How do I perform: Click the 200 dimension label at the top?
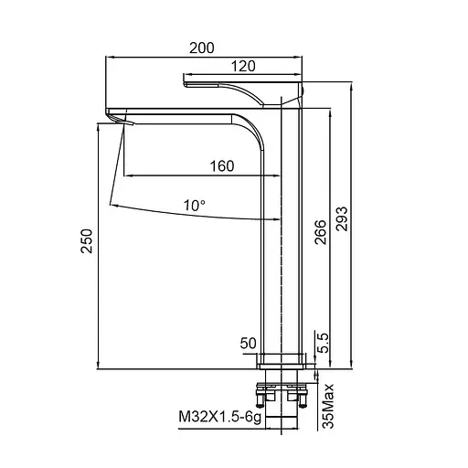coord(202,48)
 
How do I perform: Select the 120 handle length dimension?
coord(243,66)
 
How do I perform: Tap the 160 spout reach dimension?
coord(222,166)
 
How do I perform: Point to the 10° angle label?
coord(194,206)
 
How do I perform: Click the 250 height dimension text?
coord(86,240)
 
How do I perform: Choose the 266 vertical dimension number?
coord(320,232)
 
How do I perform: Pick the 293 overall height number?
coord(341,218)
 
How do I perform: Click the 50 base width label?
coord(248,343)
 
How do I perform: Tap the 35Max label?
coord(328,406)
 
